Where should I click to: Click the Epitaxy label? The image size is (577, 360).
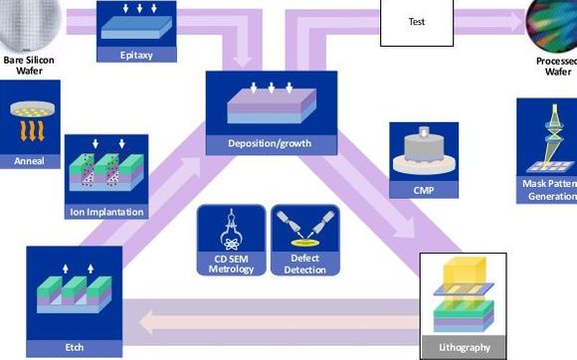click(135, 56)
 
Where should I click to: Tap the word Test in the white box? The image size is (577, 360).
click(417, 20)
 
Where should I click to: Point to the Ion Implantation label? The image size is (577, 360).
click(106, 211)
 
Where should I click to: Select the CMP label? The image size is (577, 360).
click(423, 189)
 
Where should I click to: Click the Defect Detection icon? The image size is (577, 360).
click(305, 230)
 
